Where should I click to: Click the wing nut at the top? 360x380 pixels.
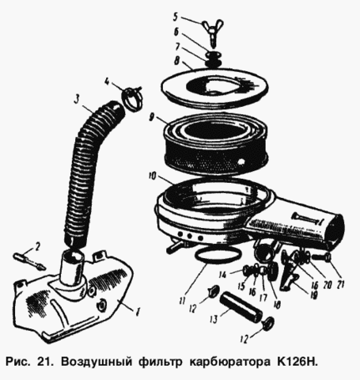pos(213,30)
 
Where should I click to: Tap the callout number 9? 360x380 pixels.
pos(152,117)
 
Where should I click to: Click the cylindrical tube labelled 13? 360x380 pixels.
pos(241,306)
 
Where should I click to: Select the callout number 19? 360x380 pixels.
pos(313,294)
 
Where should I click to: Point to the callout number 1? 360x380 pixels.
pos(137,312)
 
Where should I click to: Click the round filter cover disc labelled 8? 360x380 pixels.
pos(214,88)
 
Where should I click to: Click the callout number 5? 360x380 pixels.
pos(176,17)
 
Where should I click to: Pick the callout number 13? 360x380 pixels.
pos(214,320)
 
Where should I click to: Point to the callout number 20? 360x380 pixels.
pos(328,285)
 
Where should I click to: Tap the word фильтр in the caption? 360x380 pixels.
pos(161,362)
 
